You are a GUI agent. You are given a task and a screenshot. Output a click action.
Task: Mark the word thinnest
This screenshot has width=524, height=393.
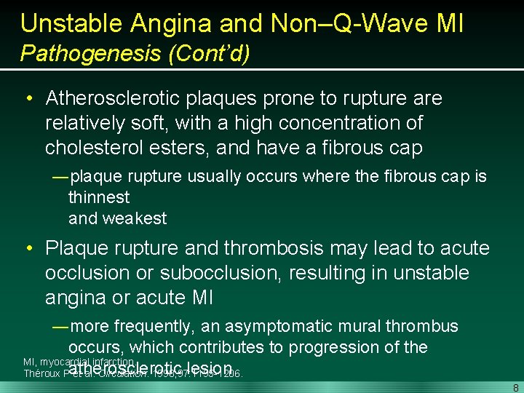pyautogui.click(x=99, y=197)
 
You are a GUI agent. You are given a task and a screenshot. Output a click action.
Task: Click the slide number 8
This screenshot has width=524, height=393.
pyautogui.click(x=515, y=386)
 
